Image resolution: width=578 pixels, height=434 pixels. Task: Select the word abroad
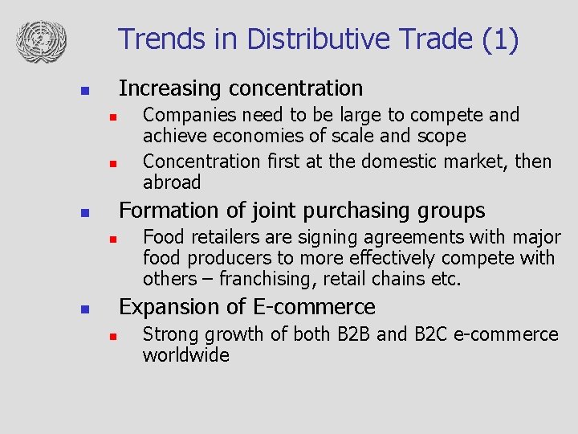(x=172, y=182)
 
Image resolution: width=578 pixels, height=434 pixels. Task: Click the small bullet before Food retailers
(x=114, y=239)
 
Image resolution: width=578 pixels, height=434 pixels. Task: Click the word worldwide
(x=185, y=355)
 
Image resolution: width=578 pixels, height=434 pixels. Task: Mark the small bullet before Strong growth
(x=114, y=336)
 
